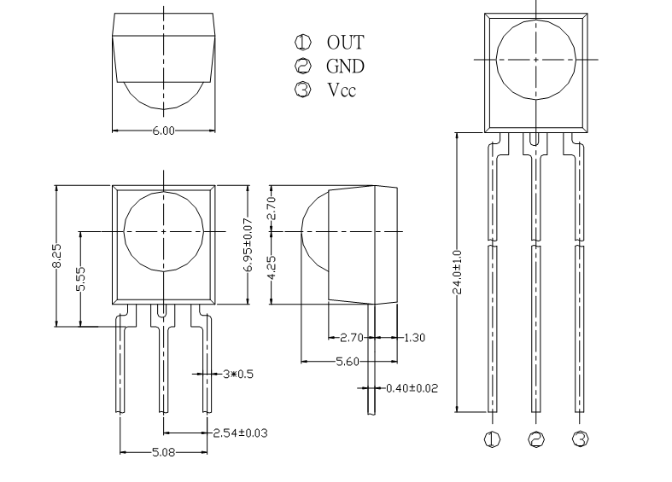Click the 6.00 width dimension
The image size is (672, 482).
point(164,131)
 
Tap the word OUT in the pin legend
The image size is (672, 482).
point(346,43)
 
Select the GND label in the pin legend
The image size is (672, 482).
point(346,67)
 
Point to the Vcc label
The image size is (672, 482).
point(342,90)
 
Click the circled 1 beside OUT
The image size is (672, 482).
point(303,42)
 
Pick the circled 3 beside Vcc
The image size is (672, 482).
point(303,90)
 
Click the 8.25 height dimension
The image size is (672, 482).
point(56,256)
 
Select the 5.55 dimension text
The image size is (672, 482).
point(80,279)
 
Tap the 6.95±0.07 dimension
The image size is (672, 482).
point(248,245)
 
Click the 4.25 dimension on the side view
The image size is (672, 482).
point(272,268)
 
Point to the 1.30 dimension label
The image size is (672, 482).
point(414,338)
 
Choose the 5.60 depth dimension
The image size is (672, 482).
point(348,362)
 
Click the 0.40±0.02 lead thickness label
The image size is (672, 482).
point(412,388)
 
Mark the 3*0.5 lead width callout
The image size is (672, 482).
point(238,375)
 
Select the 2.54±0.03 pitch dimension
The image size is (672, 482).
point(241,433)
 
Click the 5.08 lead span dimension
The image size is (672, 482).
point(164,452)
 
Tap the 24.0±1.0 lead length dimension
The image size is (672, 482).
point(458,272)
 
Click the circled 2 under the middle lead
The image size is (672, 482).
point(536,439)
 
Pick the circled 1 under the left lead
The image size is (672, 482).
point(492,439)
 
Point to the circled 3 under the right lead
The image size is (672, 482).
point(581,438)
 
